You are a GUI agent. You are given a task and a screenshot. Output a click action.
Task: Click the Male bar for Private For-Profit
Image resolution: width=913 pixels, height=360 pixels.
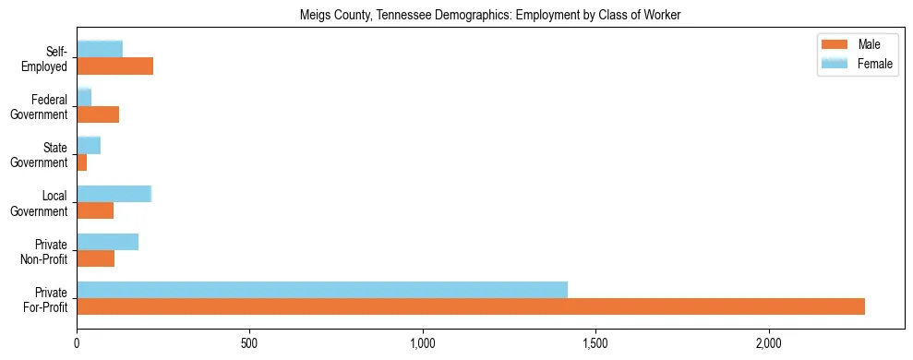(471, 306)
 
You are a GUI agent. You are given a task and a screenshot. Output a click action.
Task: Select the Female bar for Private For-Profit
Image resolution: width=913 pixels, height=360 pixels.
(322, 290)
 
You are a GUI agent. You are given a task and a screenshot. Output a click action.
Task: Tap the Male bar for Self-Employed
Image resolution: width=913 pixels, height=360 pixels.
(114, 66)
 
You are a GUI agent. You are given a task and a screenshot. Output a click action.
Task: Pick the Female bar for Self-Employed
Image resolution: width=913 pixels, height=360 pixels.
(100, 50)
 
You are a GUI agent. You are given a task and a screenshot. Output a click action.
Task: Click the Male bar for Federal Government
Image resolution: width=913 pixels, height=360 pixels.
(98, 114)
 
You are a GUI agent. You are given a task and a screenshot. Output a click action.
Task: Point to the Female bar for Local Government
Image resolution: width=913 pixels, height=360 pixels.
(114, 194)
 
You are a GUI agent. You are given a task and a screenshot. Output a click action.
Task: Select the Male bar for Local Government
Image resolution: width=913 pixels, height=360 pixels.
(95, 210)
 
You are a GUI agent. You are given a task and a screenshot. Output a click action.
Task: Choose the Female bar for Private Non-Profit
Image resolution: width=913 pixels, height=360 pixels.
(107, 242)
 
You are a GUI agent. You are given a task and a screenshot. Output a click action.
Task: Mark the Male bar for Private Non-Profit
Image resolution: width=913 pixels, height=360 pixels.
(95, 258)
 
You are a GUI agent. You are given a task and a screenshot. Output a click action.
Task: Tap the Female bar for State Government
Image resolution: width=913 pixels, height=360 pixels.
(89, 146)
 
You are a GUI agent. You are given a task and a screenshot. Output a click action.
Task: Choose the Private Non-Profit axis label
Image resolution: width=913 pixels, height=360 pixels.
(44, 250)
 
